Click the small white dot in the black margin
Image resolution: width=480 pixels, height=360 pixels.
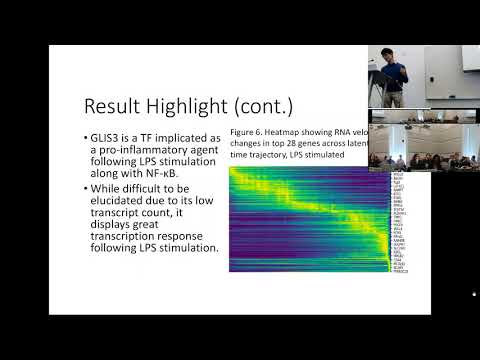pyautogui.click(x=473, y=294)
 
